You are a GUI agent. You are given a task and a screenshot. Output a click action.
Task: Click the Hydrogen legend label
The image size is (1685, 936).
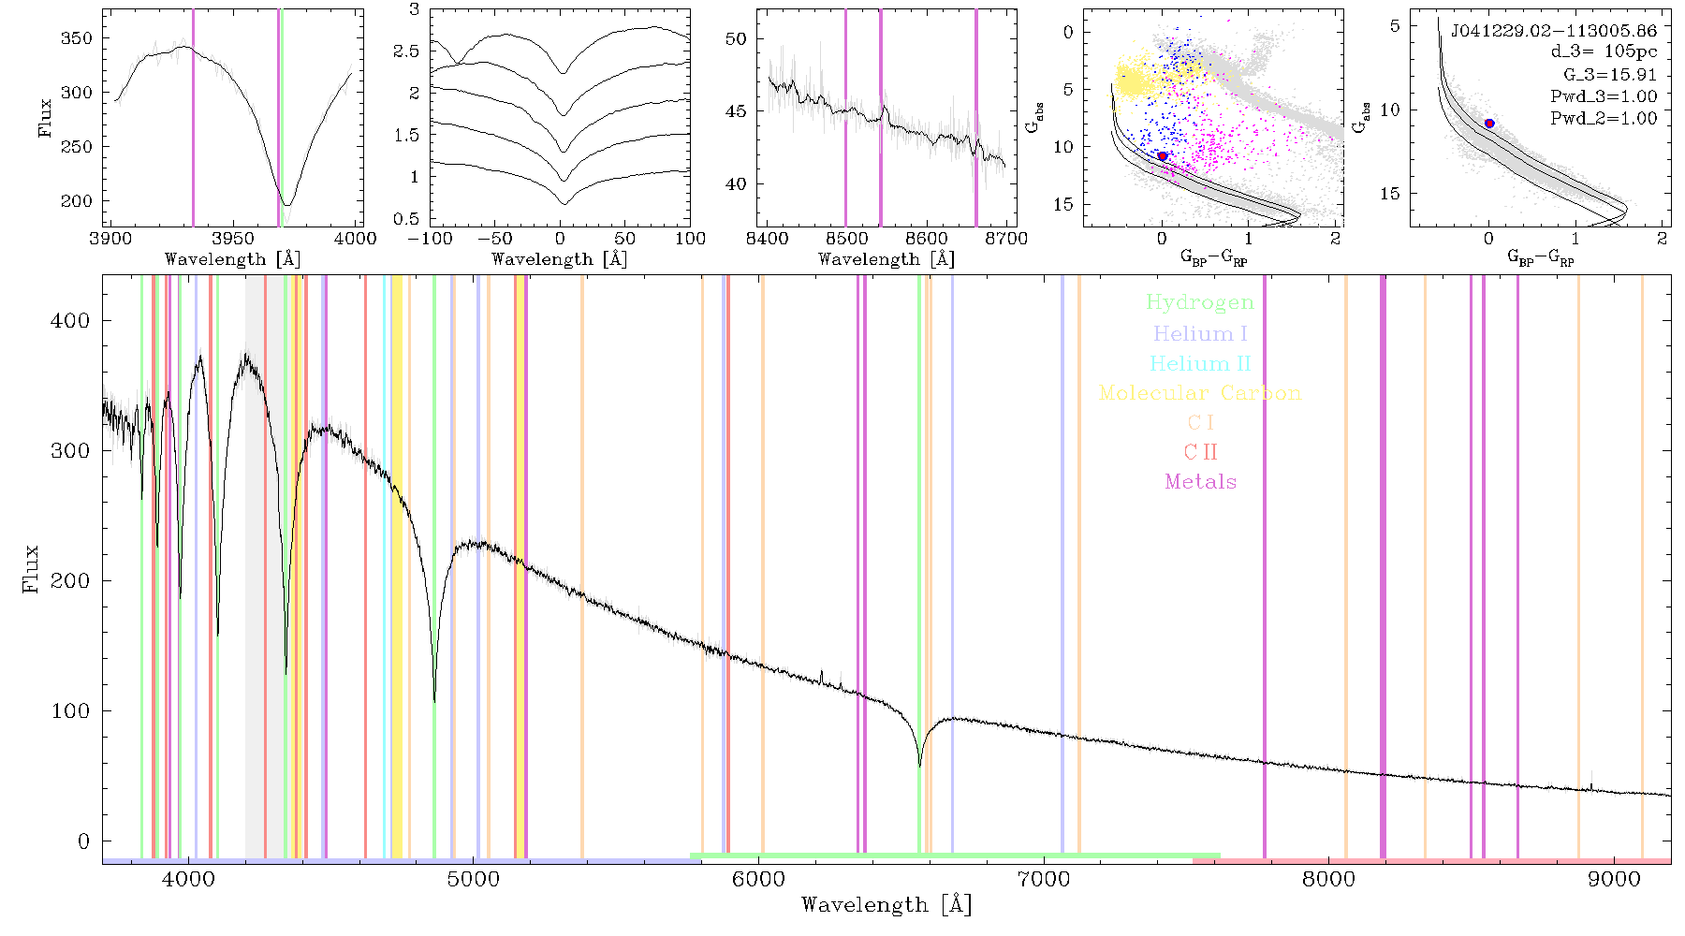[1200, 302]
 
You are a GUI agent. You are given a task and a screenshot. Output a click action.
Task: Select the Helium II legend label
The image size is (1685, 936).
[1200, 363]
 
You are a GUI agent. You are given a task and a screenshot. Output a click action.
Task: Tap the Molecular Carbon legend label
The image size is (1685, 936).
[1200, 393]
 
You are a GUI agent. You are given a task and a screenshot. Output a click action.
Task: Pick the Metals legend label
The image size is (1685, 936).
[1201, 482]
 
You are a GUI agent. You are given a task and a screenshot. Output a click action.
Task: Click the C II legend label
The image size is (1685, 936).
[1201, 452]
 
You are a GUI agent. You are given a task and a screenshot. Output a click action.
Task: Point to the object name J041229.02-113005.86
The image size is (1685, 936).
[1554, 31]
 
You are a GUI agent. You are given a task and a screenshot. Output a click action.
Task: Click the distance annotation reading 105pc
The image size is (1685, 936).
[1631, 51]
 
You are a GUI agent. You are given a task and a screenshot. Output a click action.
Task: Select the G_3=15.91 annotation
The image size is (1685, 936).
[1610, 75]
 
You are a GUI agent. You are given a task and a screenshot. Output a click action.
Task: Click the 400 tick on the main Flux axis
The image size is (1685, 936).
[71, 321]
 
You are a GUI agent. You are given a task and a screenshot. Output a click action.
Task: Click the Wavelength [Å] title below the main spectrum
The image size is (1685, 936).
[886, 905]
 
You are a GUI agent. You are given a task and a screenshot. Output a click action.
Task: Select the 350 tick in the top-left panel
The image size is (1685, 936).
[77, 38]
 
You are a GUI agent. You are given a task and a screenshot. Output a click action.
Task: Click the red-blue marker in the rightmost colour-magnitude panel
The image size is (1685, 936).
[1489, 124]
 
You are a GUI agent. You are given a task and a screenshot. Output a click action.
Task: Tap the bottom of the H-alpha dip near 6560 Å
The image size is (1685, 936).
[919, 766]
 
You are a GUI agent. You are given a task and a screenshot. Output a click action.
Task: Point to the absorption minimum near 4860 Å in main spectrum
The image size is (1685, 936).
[434, 700]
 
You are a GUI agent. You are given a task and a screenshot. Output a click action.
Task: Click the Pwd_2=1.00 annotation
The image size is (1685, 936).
[1604, 119]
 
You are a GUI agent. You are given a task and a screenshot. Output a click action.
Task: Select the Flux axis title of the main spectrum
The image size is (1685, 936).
[32, 568]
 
